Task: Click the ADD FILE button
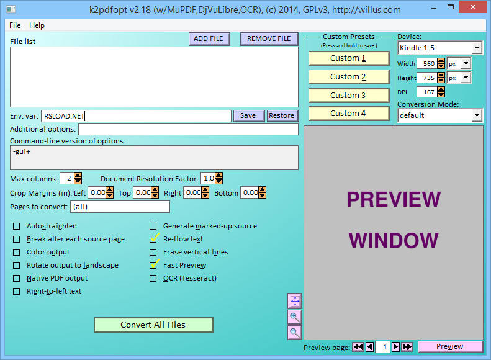[x=209, y=39]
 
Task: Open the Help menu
[x=37, y=25]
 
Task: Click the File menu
[x=15, y=25]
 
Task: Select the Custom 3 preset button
[x=349, y=96]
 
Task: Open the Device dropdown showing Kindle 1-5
[x=439, y=48]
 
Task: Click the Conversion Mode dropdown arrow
[x=477, y=115]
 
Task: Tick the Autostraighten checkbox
[x=16, y=227]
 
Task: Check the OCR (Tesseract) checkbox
[x=153, y=278]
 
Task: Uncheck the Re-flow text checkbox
[x=153, y=239]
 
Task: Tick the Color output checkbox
[x=16, y=253]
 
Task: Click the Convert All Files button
[x=154, y=325]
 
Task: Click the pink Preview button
[x=450, y=346]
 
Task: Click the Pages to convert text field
[x=120, y=207]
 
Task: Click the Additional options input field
[x=188, y=129]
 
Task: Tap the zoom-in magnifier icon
[x=295, y=317]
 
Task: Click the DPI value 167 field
[x=427, y=92]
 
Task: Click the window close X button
[x=473, y=7]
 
